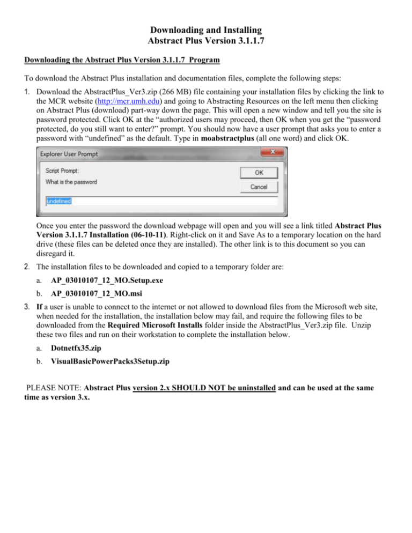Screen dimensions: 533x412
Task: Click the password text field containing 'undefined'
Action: (161, 202)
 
